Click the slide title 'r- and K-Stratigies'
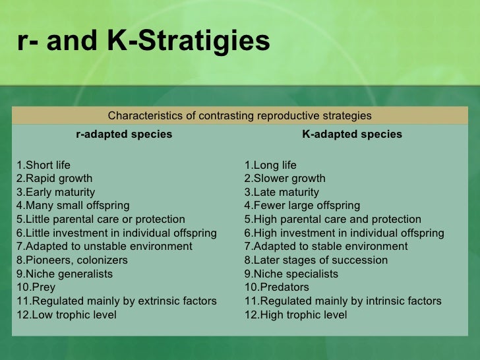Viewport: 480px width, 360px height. [143, 41]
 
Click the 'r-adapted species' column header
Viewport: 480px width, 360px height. [124, 135]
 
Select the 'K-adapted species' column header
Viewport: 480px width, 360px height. [352, 135]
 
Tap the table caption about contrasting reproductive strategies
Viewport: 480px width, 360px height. [239, 116]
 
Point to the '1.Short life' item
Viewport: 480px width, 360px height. [44, 165]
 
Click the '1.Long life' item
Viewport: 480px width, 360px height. [270, 165]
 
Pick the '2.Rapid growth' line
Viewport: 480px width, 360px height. [55, 179]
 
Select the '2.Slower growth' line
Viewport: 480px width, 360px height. [285, 179]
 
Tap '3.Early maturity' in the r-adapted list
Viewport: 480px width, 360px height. [57, 193]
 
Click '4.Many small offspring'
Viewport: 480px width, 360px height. [73, 206]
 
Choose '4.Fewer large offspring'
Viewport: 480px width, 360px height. [302, 206]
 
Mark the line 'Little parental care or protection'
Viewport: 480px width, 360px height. [101, 220]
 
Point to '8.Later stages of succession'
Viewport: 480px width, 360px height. [316, 260]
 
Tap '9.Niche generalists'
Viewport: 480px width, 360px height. [65, 274]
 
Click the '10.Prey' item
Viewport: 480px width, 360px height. [36, 287]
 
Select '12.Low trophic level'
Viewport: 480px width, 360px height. [67, 315]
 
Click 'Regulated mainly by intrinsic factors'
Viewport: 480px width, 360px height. [343, 301]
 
